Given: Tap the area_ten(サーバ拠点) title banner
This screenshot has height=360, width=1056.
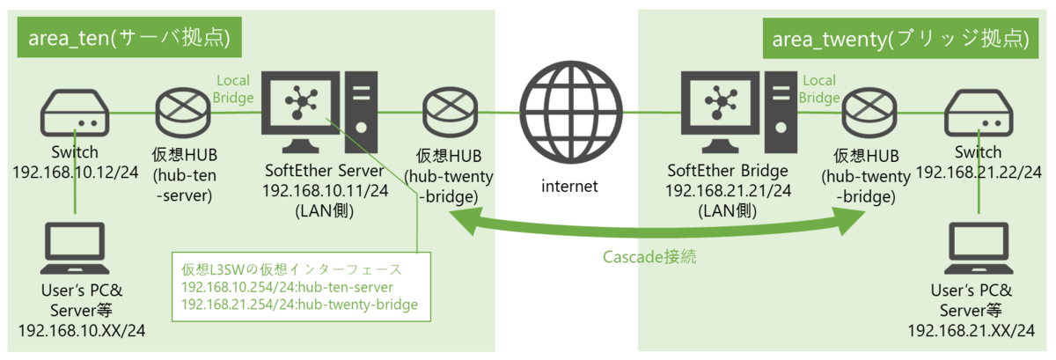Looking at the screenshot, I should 128,39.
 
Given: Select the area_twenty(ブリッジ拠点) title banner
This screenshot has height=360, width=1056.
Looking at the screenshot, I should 901,39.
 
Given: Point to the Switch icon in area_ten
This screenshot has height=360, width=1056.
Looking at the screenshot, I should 75,114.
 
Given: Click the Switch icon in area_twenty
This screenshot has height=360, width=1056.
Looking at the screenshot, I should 979,114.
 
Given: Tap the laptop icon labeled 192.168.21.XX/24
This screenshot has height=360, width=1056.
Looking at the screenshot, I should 979,250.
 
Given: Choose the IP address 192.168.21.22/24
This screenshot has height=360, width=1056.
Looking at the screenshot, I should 979,168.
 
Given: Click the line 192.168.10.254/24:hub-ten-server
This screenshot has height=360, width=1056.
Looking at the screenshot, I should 286,288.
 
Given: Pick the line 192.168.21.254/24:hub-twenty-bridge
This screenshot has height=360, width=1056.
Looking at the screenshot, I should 298,305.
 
